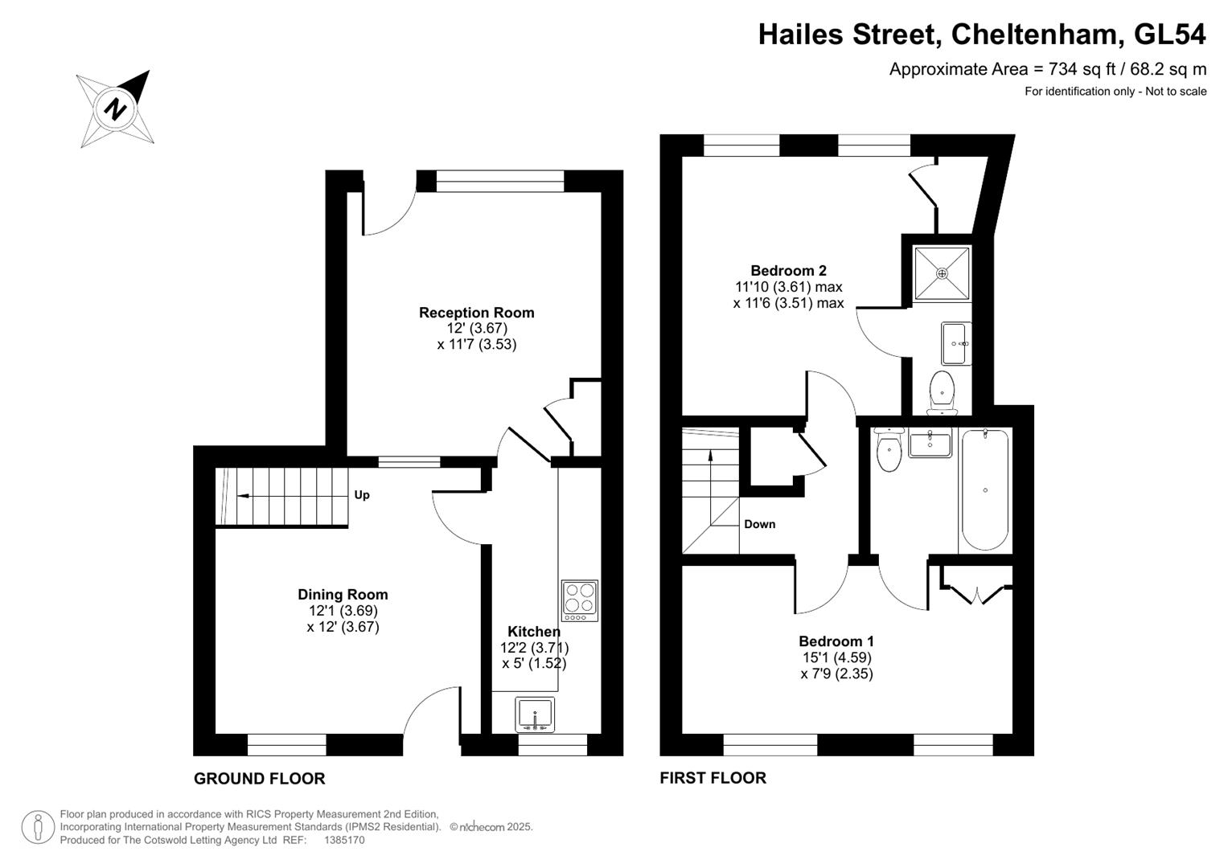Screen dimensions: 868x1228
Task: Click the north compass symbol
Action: click(x=115, y=108)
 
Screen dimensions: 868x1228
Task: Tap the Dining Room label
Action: click(x=343, y=595)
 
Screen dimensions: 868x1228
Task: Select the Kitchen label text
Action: click(x=534, y=632)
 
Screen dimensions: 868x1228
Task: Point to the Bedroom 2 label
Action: click(x=788, y=271)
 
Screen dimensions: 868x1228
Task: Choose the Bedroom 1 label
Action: click(x=836, y=641)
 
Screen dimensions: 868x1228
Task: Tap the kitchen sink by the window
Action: click(x=535, y=714)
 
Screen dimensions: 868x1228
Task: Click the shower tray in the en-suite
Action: click(x=942, y=273)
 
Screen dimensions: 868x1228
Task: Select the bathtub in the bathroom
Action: click(x=984, y=490)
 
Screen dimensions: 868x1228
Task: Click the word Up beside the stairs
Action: click(x=362, y=495)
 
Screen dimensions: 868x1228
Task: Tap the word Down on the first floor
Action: click(x=759, y=524)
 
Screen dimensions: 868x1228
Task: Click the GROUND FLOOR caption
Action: click(x=259, y=778)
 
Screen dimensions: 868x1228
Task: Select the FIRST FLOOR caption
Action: click(x=713, y=777)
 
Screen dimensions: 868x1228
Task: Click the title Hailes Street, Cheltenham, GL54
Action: click(x=981, y=35)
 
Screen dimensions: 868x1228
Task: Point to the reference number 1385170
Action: click(x=344, y=840)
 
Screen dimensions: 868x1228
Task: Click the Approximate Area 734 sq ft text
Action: click(x=1047, y=69)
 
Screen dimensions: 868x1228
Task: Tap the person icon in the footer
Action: click(x=38, y=827)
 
